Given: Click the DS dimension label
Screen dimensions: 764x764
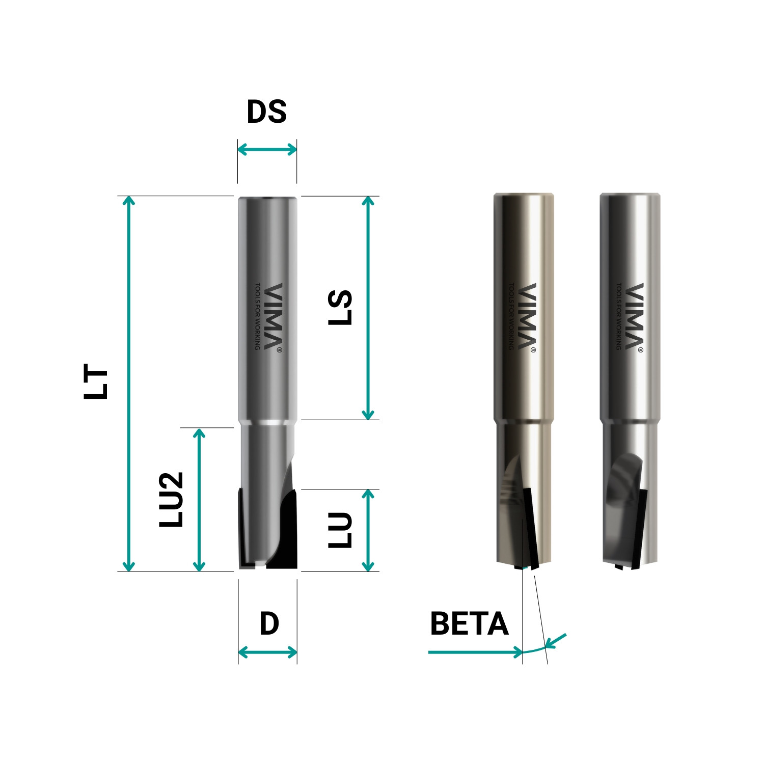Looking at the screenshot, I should pyautogui.click(x=266, y=112).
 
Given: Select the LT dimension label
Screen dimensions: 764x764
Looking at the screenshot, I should pyautogui.click(x=97, y=381).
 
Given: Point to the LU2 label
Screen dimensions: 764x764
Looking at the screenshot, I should pyautogui.click(x=171, y=500).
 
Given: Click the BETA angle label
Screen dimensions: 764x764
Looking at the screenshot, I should pyautogui.click(x=469, y=624).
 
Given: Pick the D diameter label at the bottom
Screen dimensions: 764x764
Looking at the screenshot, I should pyautogui.click(x=269, y=624).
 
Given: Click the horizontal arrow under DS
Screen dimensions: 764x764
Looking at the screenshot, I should pyautogui.click(x=267, y=150).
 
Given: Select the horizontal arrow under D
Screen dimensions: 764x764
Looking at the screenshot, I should pyautogui.click(x=267, y=652).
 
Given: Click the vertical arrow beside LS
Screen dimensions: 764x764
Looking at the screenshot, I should pyautogui.click(x=368, y=308).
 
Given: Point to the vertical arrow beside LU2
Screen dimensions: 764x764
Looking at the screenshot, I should pyautogui.click(x=199, y=499).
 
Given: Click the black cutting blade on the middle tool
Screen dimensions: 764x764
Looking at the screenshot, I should pyautogui.click(x=530, y=527).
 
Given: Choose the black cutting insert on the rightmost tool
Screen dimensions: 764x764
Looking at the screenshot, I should pyautogui.click(x=640, y=530).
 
